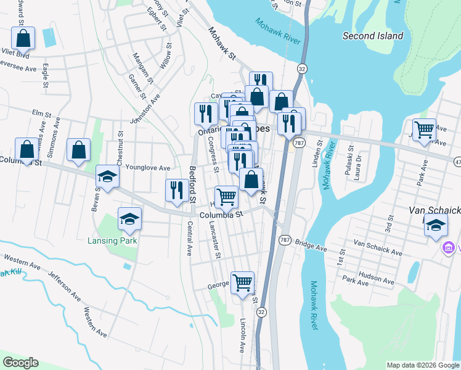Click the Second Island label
coord(373,36)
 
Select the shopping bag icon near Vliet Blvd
coord(23,38)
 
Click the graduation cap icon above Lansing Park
coord(129,219)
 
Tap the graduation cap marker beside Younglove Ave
coord(108,177)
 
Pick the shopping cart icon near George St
coord(242,283)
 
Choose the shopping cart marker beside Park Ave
coord(424,130)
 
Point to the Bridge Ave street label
coord(311,245)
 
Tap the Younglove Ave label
coord(147,168)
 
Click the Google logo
coord(20,363)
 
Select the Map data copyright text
coord(422,365)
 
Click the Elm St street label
coord(41,113)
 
